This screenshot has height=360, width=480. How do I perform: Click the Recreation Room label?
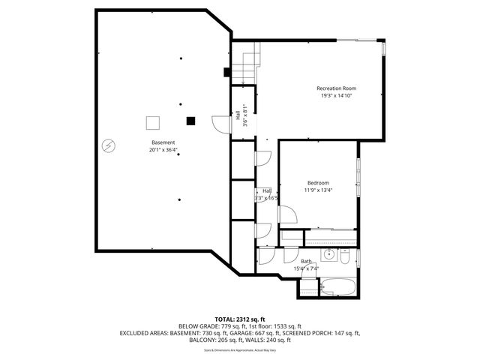coord(335,88)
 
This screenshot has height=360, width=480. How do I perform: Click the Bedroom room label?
coord(317,183)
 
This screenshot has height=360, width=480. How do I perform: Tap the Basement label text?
coord(163,142)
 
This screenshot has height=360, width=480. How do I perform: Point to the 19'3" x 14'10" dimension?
coord(335,95)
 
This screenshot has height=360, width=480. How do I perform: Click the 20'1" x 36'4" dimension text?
coord(163,150)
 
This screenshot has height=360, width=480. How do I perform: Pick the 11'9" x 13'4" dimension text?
coord(317,190)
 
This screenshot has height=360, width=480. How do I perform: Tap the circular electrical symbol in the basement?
coord(109,145)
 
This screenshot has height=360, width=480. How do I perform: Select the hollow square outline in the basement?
coord(152,122)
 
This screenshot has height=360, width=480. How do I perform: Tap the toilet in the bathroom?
coord(344,257)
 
